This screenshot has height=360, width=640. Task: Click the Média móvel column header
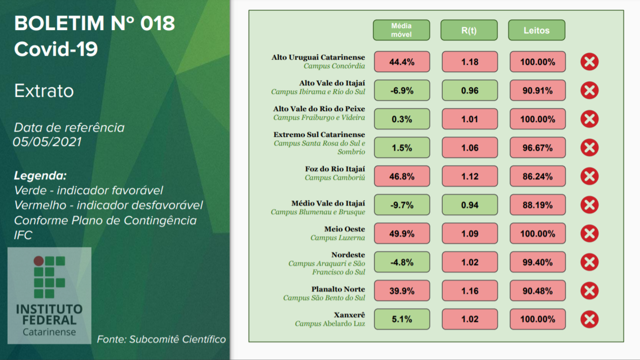tap(401, 30)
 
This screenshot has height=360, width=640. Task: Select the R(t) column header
tap(469, 30)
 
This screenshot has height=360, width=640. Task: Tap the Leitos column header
tap(537, 30)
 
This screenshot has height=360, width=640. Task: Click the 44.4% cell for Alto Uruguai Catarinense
tap(402, 62)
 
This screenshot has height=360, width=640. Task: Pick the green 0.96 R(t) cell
tap(469, 91)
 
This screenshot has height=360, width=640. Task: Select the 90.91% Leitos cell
tap(538, 91)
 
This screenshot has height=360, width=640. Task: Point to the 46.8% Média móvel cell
tap(402, 176)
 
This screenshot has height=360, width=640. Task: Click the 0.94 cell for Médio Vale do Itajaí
tap(469, 205)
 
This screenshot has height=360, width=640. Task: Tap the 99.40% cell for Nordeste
tap(538, 262)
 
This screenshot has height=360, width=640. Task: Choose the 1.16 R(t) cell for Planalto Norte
tap(469, 291)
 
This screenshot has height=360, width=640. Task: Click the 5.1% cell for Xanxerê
tap(402, 319)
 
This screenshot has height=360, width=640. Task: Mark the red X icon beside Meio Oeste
tap(589, 234)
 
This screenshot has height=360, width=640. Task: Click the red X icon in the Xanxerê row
tap(589, 319)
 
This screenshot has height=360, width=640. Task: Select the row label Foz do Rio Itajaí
tap(335, 169)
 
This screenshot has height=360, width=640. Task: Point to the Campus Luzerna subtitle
tap(337, 237)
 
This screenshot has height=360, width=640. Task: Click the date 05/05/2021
tap(47, 142)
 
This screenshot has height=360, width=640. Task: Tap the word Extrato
tap(44, 91)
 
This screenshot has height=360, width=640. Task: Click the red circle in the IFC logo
tap(38, 261)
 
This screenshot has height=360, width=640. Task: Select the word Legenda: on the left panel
tap(40, 175)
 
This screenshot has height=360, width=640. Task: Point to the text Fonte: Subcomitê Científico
tap(161, 339)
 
